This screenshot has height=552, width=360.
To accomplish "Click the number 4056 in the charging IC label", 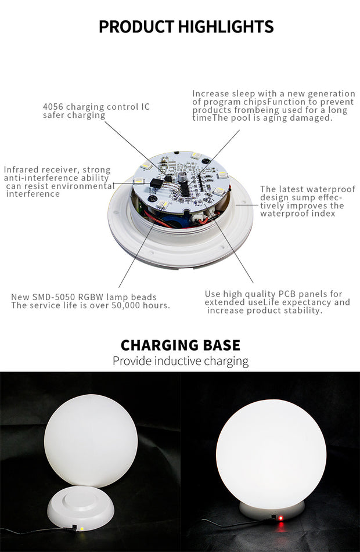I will tap(53, 107).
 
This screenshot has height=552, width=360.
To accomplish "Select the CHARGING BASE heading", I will tap(180, 345).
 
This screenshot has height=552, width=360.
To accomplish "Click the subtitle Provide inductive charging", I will tap(180, 361).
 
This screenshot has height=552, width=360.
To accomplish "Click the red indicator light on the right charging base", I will tap(280, 517).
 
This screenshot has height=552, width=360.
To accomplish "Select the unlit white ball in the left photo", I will tap(91, 441).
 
